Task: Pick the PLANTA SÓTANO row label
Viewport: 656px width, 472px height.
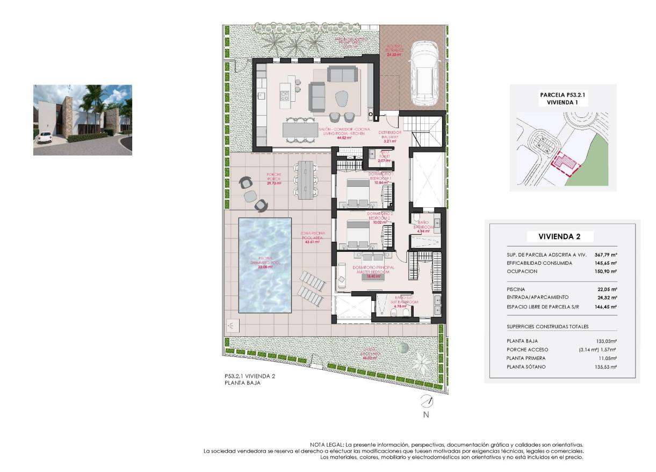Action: [526, 367]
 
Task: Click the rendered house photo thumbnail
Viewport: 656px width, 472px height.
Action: [83, 120]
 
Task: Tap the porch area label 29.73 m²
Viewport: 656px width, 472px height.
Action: [274, 183]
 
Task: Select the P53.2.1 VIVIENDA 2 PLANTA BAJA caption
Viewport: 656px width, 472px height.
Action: [250, 380]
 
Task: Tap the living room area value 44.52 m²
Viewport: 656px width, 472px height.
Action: [341, 138]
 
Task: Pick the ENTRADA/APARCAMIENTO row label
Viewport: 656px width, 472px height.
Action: [537, 297]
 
